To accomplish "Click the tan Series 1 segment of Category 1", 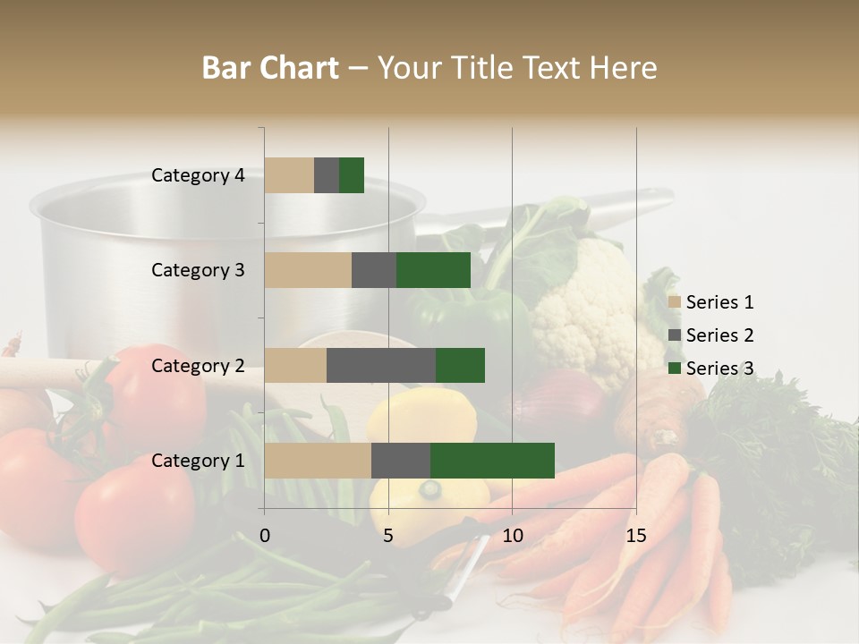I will coord(318,461).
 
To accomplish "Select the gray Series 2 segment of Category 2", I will coord(381,366).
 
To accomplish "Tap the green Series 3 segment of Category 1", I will coord(492,461).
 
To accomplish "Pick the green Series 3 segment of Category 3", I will coord(433,270).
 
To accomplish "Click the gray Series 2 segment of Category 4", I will coord(327,175).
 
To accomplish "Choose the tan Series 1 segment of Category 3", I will coord(308,270).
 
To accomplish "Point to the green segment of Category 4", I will coord(352,175).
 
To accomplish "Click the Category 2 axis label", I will coord(198,366).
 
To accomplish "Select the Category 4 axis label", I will coord(198,175).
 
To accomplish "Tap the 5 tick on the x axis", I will coord(388,536).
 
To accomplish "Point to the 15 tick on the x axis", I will coord(635,536).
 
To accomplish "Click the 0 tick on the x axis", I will coord(265,536).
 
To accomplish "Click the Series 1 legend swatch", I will coord(675,302).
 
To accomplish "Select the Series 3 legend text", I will coord(719,369).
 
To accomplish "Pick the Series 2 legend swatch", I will coord(675,335).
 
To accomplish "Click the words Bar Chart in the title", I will coord(270,68).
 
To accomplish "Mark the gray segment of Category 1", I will coord(401,461).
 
